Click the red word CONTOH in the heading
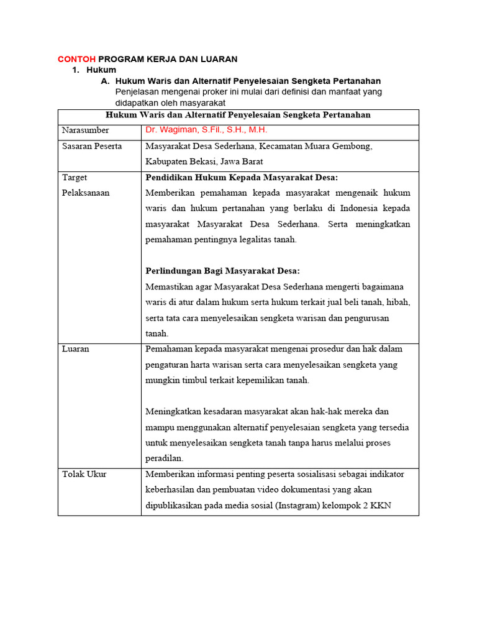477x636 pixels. (76, 59)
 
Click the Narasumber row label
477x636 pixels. (85, 130)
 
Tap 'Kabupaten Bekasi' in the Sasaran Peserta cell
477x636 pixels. (175, 161)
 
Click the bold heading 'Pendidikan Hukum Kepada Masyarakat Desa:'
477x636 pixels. (242, 177)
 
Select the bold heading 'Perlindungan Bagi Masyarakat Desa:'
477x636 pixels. (222, 271)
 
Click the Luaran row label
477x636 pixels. (76, 349)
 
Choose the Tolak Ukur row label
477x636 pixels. (84, 474)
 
